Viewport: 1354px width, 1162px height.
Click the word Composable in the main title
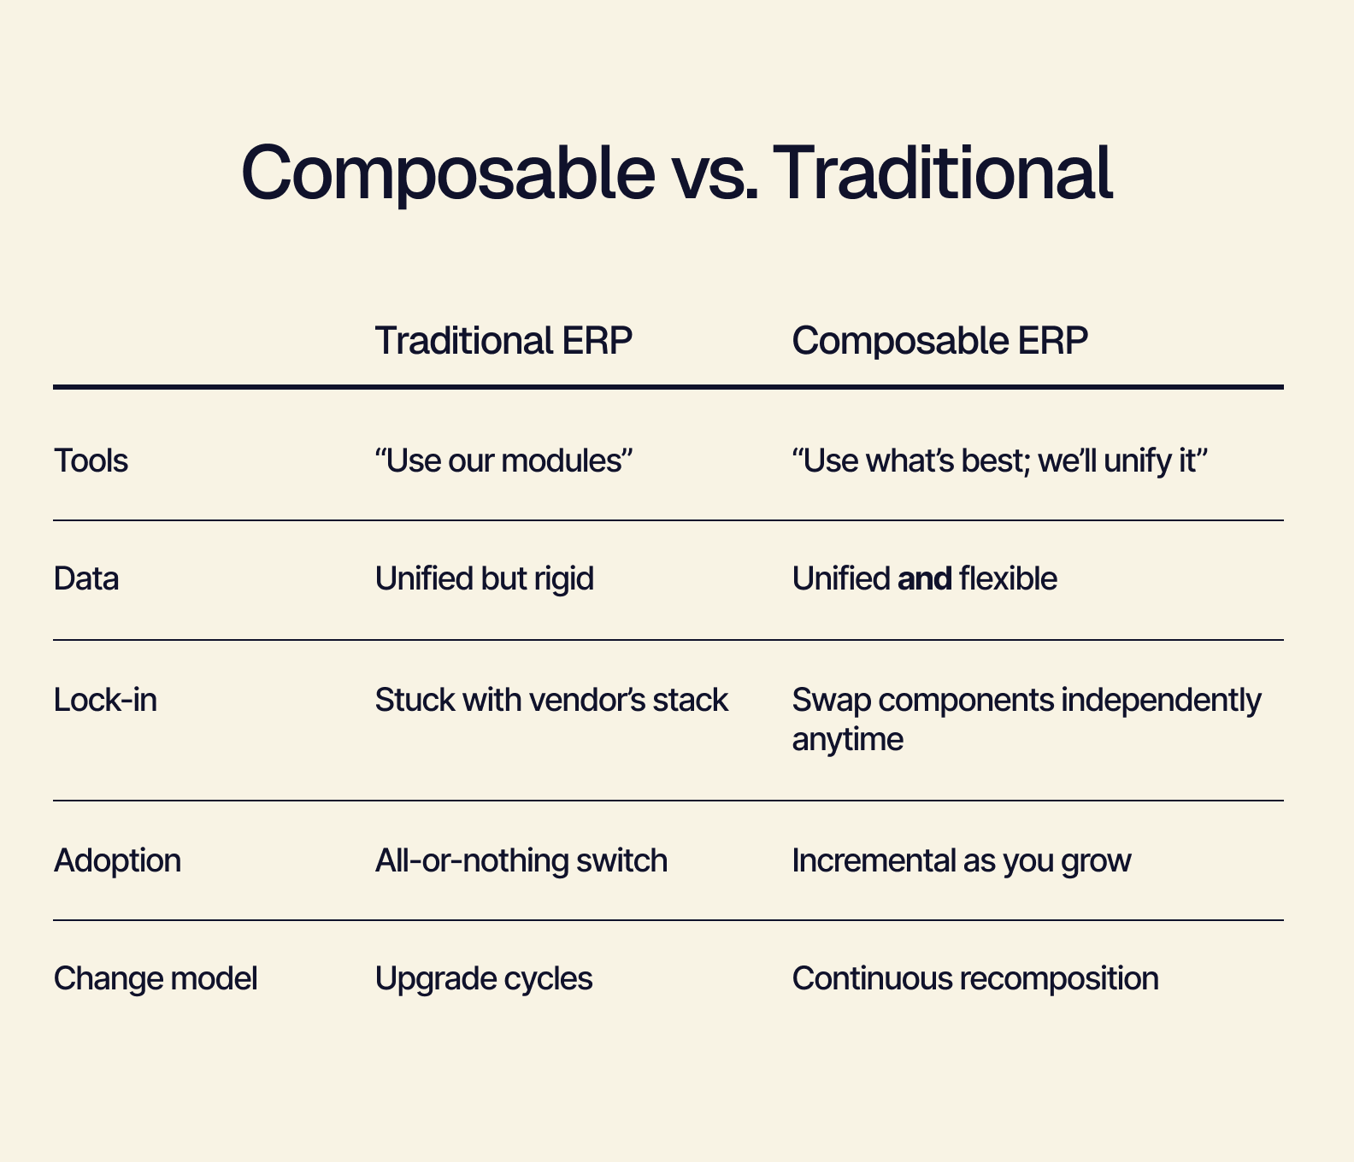448,173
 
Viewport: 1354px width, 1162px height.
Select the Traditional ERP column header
503,341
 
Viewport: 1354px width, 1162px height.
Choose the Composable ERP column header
940,342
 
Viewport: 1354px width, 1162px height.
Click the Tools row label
91,461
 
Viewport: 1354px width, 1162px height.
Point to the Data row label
86,578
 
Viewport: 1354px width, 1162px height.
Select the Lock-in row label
105,700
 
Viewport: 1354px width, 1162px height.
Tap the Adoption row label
117,860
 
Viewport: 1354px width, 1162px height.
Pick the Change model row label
156,978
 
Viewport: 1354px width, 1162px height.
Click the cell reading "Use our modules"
503,461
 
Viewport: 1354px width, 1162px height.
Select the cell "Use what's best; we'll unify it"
999,461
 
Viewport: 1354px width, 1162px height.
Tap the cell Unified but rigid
485,578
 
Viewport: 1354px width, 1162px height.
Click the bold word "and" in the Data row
925,578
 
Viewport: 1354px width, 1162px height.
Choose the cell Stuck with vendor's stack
551,700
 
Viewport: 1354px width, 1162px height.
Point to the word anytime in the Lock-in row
848,739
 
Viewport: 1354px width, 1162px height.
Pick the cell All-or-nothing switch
521,860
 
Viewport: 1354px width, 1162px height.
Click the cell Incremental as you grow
962,860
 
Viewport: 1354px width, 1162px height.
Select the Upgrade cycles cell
484,978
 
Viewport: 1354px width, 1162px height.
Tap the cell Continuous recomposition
975,978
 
